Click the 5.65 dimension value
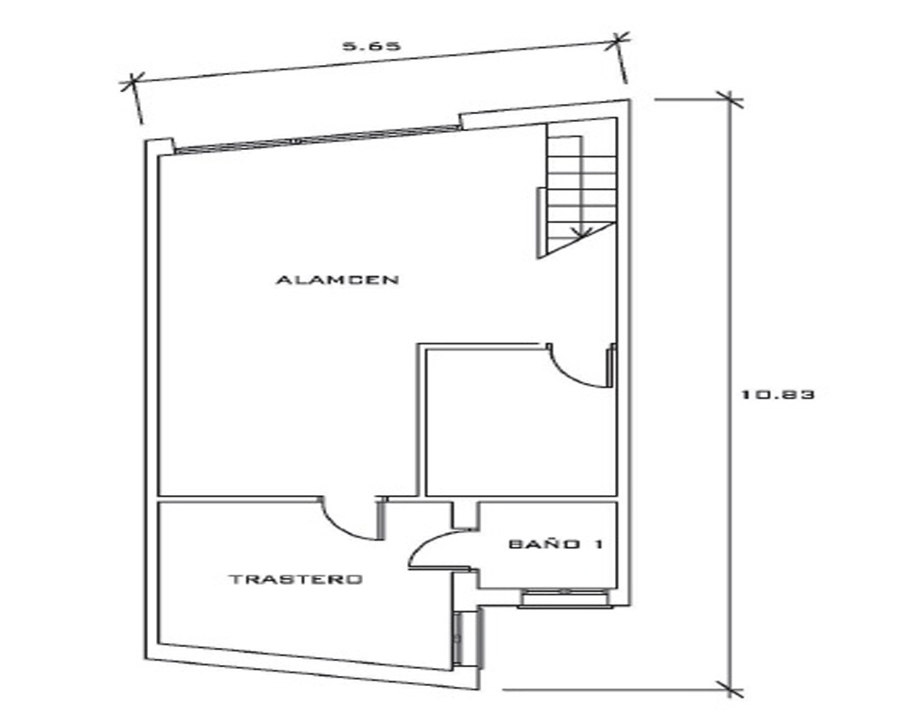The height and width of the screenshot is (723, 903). [x=371, y=46]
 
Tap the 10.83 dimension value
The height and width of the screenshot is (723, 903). [x=777, y=395]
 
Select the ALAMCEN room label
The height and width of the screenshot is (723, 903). [x=338, y=280]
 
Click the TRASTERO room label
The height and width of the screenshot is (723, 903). [x=296, y=579]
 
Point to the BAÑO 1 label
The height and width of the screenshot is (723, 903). [x=555, y=544]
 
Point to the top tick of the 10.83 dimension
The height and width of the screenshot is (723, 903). [x=730, y=99]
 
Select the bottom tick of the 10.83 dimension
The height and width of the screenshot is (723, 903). [x=730, y=689]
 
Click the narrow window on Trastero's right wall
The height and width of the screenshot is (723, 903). [x=459, y=638]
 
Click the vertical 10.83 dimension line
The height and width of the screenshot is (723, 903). [x=730, y=394]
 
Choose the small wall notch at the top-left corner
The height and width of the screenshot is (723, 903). [x=158, y=146]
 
